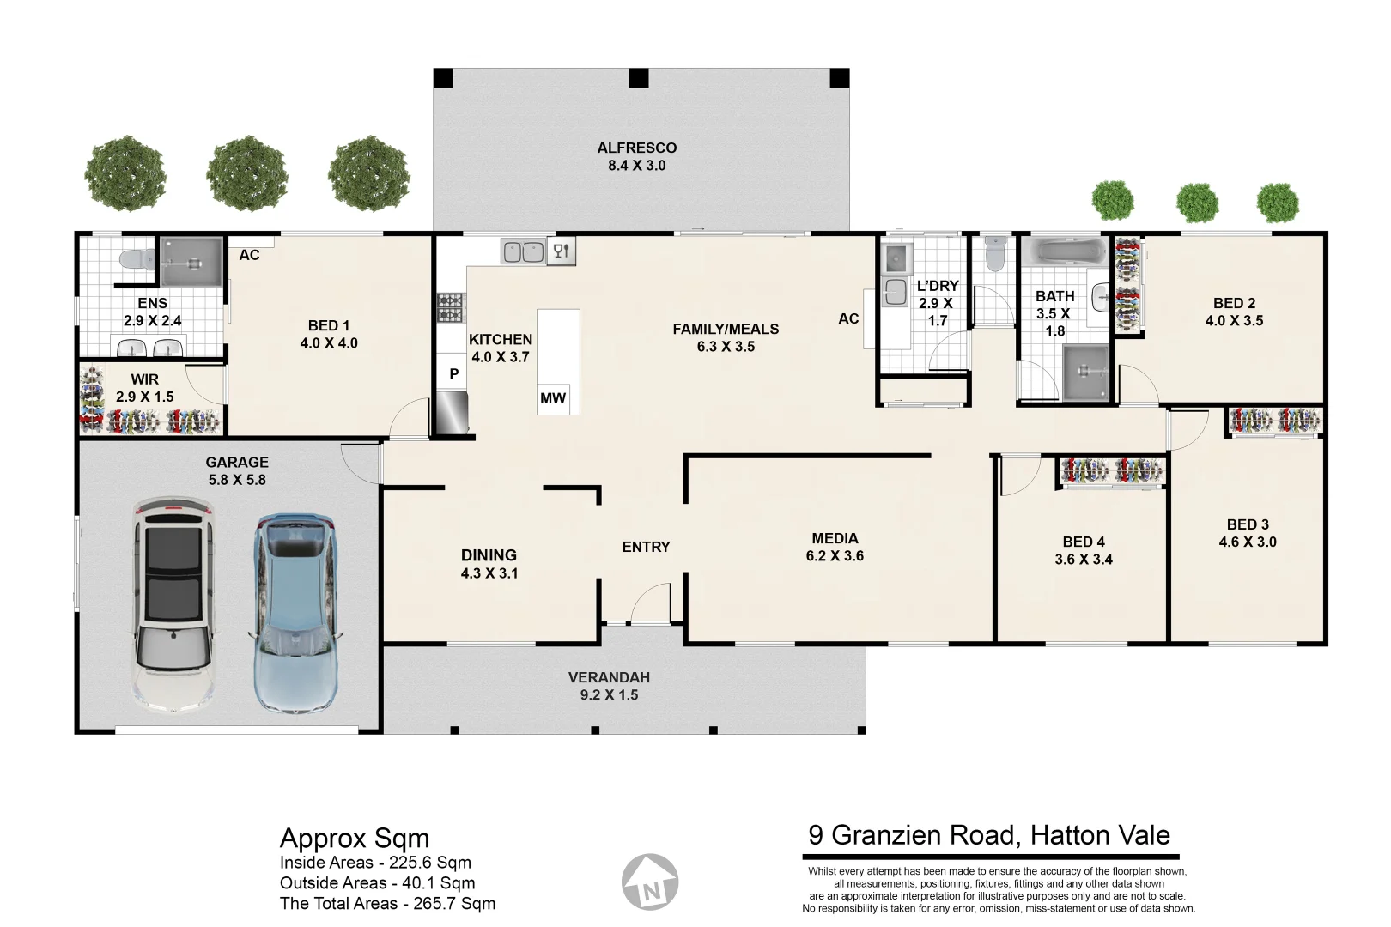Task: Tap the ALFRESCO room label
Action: click(x=637, y=148)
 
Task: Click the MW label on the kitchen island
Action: click(x=553, y=398)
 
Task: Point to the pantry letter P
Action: click(x=453, y=374)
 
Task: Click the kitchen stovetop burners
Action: click(x=450, y=308)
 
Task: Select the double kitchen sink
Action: click(x=523, y=251)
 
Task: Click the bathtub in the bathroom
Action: click(x=1062, y=252)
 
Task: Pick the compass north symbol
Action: click(x=650, y=882)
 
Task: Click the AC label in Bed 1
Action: click(x=249, y=255)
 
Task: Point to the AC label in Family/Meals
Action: click(x=848, y=318)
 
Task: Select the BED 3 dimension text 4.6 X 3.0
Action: click(x=1248, y=542)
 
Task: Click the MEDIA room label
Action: click(x=835, y=538)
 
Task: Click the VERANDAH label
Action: click(x=609, y=677)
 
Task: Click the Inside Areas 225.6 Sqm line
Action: click(x=375, y=863)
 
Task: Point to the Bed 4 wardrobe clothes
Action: click(x=1112, y=470)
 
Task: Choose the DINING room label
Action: click(x=489, y=555)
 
